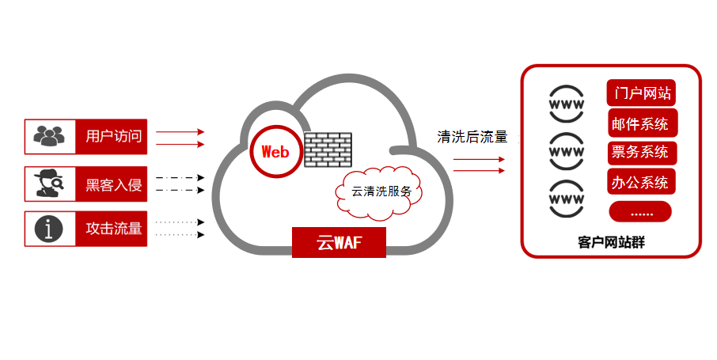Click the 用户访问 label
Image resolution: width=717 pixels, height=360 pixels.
(113, 137)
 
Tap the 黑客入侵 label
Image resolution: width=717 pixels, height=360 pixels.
(113, 186)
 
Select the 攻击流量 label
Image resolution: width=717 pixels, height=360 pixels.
(113, 229)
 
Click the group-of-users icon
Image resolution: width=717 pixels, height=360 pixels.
(49, 137)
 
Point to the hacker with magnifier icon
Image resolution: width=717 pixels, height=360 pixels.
(49, 184)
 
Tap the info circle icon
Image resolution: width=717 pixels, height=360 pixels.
(49, 229)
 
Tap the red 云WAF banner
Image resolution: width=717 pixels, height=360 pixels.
(339, 242)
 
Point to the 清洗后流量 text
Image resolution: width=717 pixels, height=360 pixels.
(472, 137)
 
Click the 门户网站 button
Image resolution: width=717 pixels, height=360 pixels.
(641, 93)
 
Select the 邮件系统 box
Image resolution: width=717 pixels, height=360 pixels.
(640, 123)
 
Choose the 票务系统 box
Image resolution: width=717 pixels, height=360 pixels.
(640, 152)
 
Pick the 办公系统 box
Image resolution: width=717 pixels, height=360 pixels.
(640, 182)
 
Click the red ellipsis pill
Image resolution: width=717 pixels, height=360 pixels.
(640, 212)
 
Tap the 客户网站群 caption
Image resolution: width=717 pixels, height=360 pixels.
(611, 242)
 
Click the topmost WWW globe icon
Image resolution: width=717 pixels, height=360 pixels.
(567, 105)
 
